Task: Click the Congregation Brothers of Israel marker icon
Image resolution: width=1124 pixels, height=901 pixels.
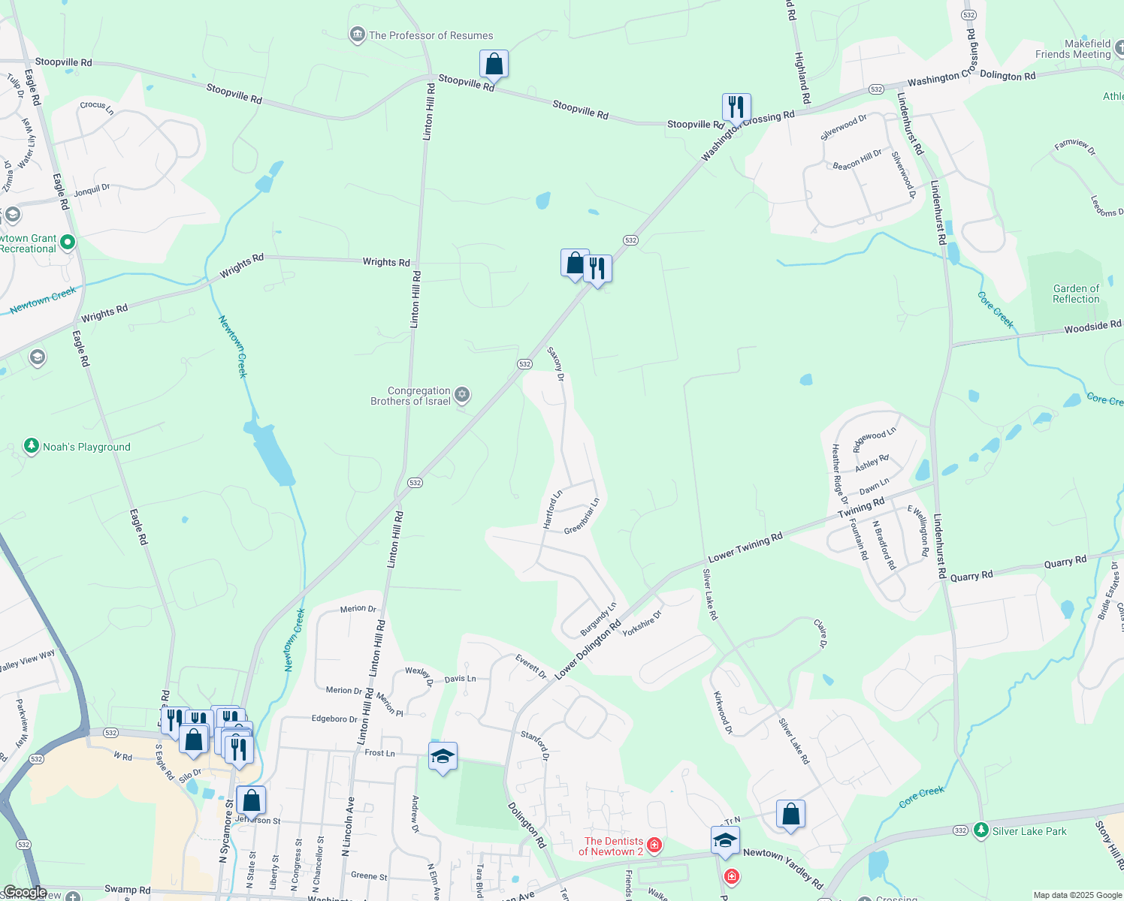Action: (x=462, y=395)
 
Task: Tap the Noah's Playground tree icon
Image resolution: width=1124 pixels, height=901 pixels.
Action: (x=31, y=447)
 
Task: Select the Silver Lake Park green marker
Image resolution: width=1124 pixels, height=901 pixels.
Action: (x=980, y=830)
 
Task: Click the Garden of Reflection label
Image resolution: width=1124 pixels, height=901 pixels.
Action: (x=1076, y=294)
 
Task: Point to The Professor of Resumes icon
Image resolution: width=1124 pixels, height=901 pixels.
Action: (x=358, y=35)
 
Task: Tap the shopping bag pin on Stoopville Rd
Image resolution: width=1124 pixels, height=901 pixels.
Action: (x=494, y=65)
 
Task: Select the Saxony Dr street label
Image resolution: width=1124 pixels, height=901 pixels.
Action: (x=555, y=363)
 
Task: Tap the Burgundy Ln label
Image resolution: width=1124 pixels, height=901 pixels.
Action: (x=598, y=619)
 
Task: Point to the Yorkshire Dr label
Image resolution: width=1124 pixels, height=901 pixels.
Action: (x=642, y=623)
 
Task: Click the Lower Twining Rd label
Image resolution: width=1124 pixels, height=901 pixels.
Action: (x=745, y=547)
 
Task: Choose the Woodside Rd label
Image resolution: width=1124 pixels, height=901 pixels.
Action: (x=1092, y=326)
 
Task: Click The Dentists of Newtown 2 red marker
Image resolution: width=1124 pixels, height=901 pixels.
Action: (x=654, y=845)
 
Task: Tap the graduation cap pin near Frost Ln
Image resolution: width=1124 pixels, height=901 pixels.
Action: (x=443, y=757)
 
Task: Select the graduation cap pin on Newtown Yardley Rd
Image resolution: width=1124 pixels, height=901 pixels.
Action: (x=724, y=841)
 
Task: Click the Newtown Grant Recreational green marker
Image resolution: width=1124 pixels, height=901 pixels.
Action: (x=68, y=242)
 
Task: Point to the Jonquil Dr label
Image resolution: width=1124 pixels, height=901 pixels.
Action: (x=92, y=190)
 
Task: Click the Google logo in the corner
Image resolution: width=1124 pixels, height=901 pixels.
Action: (x=25, y=892)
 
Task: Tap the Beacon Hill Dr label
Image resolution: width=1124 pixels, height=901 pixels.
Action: (x=857, y=160)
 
